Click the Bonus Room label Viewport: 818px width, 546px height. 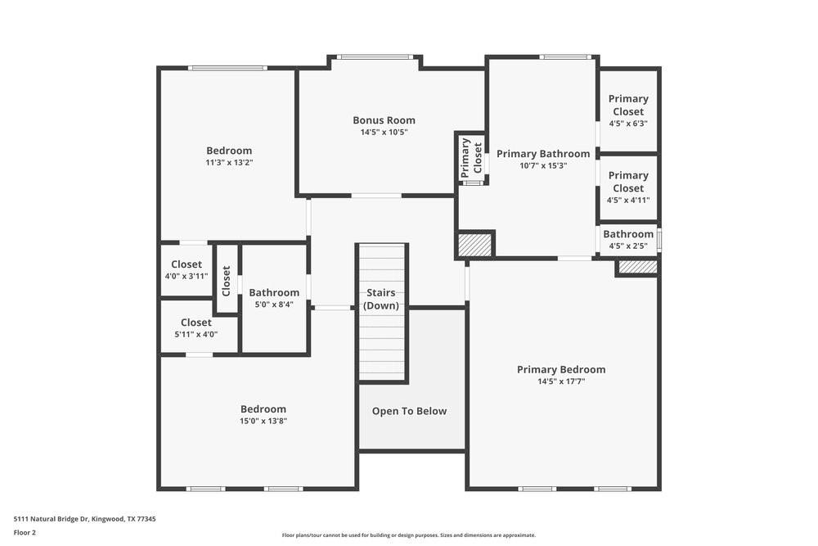(384, 120)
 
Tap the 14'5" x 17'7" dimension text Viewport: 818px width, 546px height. (561, 381)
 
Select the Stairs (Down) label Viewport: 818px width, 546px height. (381, 299)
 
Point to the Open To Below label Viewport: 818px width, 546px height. (409, 411)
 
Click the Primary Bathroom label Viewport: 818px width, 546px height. (542, 154)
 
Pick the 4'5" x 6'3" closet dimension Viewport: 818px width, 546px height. (627, 124)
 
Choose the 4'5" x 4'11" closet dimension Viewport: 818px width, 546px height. (627, 200)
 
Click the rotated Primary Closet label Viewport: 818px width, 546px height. (471, 157)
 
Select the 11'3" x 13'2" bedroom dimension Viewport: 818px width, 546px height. (229, 162)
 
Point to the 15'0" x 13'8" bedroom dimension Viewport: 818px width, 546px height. (263, 421)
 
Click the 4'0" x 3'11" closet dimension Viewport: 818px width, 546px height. (187, 276)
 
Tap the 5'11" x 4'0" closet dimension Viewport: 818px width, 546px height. (196, 334)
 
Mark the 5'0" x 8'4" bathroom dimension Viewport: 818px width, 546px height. (274, 305)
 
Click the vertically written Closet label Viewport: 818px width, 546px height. (227, 280)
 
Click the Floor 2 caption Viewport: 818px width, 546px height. (25, 532)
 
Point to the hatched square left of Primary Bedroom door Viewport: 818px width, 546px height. (474, 245)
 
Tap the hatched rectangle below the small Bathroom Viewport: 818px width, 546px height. (637, 267)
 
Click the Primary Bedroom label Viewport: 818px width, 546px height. (561, 369)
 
